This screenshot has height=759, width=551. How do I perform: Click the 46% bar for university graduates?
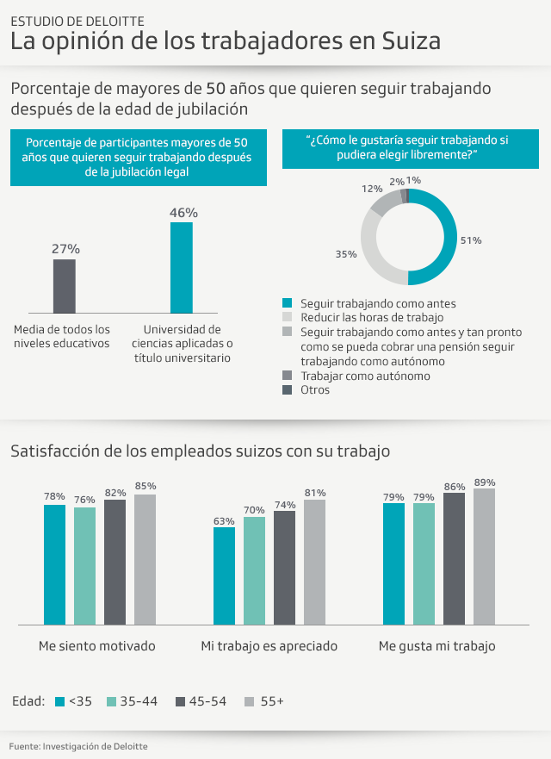(181, 267)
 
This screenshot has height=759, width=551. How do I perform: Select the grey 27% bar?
(65, 285)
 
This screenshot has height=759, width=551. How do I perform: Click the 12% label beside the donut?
(372, 188)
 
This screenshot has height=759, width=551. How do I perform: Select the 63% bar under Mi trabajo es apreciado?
(224, 575)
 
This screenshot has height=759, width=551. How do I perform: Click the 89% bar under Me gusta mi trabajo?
(484, 556)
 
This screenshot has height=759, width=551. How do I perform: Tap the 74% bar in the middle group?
(285, 567)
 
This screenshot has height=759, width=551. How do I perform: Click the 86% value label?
(454, 487)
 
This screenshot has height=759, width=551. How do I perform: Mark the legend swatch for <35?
(59, 701)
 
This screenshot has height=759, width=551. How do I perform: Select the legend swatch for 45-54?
(181, 701)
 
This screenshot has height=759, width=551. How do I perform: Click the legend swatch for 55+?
(251, 701)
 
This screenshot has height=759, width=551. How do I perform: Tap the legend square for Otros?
(288, 390)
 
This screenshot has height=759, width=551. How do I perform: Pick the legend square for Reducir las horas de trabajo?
(288, 317)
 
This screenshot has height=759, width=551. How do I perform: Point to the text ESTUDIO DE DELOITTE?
(77, 20)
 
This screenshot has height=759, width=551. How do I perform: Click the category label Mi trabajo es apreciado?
(269, 645)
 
